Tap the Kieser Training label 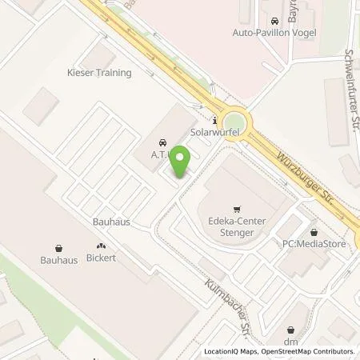(98, 72)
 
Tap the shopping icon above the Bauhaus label (58, 248)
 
